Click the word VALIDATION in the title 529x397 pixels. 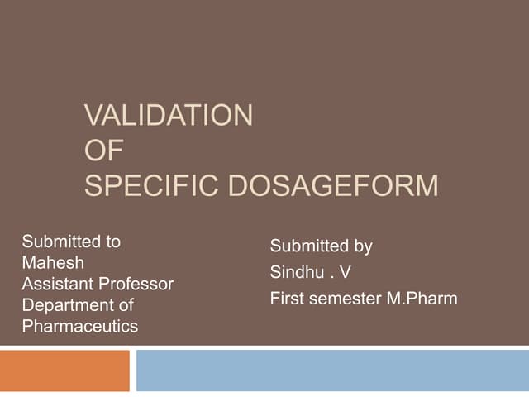168,115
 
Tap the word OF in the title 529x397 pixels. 98,151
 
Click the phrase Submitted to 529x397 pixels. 71,242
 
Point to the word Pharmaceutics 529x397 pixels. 80,327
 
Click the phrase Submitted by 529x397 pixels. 322,246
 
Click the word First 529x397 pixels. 288,299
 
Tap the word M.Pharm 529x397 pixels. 422,299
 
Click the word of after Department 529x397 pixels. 126,305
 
